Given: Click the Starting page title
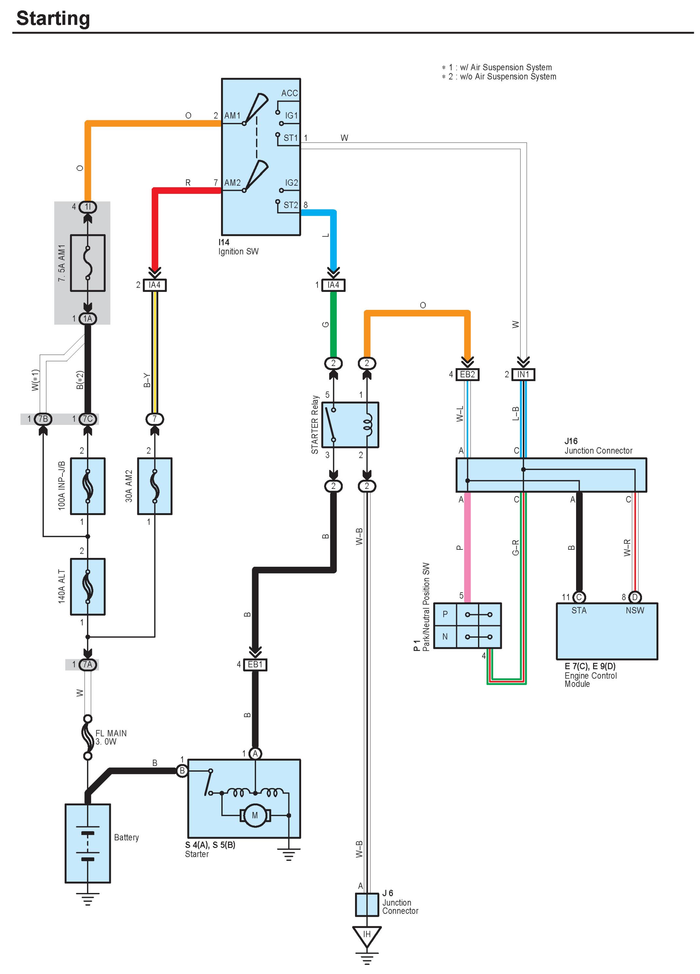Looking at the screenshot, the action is tap(53, 18).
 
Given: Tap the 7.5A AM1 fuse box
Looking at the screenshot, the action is tap(88, 263).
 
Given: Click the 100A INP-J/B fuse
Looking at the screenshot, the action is tap(88, 486).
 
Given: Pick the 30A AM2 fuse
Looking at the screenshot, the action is tap(155, 486).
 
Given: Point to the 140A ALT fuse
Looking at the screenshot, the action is tap(88, 587).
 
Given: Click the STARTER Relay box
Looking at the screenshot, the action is tap(350, 425).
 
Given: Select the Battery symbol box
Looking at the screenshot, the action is tap(88, 843).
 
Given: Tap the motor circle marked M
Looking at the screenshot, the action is tap(255, 815).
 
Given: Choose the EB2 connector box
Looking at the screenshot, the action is tap(468, 375).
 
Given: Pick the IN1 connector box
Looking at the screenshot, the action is tap(523, 375).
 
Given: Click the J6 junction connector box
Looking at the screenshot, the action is tap(367, 904).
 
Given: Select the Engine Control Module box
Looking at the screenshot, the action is tap(607, 631).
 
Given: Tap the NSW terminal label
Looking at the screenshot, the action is tap(635, 610).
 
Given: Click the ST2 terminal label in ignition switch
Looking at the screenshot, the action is tap(290, 205).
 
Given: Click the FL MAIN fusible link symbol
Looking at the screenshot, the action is tap(88, 737).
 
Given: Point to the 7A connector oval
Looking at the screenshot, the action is tap(88, 664).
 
